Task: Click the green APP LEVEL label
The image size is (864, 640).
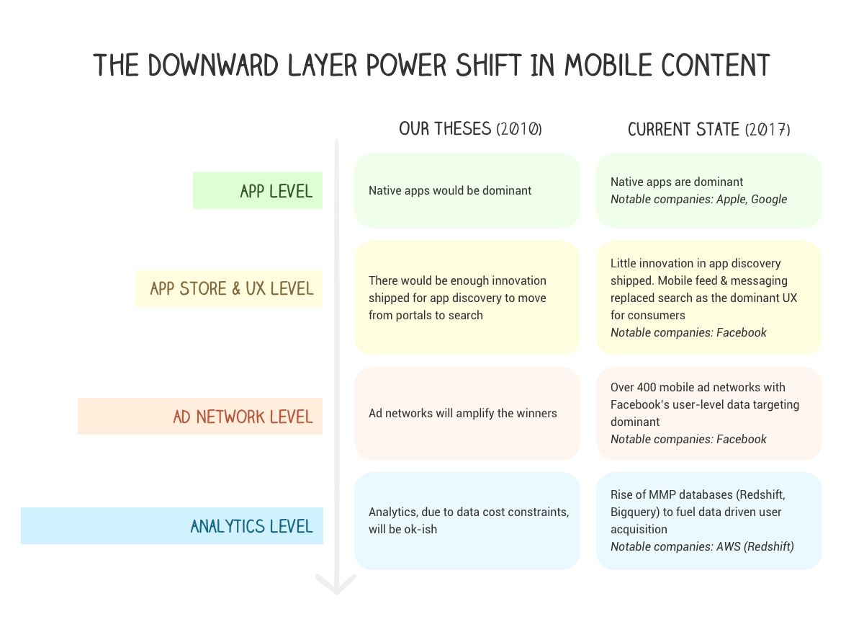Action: (x=276, y=191)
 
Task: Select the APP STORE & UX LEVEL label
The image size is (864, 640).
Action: (x=232, y=288)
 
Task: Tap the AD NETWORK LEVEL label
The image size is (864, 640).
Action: (x=243, y=417)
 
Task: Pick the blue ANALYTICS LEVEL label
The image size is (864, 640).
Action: (x=251, y=526)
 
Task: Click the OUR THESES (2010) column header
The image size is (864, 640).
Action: (x=470, y=129)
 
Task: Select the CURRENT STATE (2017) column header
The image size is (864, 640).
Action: (x=708, y=130)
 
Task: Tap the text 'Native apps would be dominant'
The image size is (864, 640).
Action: (x=450, y=191)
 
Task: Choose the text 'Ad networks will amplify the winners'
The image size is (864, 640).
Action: (x=462, y=413)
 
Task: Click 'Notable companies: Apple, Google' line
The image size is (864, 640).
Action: (x=698, y=199)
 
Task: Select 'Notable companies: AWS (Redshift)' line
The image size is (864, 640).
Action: (x=702, y=546)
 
